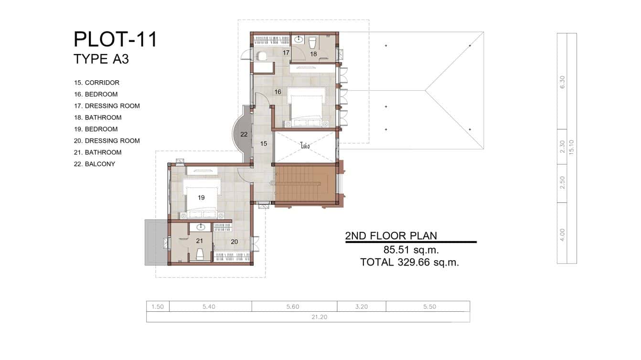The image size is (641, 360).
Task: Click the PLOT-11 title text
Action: point(115,40)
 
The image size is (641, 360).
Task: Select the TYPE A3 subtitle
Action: point(101,59)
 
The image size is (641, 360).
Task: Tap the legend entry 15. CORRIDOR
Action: point(96,83)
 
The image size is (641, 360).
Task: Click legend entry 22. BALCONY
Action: point(94,164)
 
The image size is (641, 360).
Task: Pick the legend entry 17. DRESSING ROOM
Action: point(107,106)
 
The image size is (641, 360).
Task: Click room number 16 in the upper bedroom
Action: point(278,92)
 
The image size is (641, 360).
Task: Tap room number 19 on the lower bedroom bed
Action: point(201,197)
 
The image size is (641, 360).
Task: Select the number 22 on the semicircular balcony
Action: point(244,134)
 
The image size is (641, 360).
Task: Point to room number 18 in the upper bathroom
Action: point(313,54)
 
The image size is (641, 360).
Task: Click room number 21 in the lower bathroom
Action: point(200,241)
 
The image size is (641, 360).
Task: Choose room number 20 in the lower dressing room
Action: point(234,242)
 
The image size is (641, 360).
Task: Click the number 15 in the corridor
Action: point(263,143)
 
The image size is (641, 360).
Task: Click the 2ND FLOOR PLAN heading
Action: point(391,235)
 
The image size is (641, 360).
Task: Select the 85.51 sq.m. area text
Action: point(411,250)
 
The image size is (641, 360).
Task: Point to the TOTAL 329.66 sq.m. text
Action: point(409,262)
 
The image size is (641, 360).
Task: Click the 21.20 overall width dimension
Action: point(308,317)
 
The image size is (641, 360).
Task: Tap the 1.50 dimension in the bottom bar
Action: point(158,307)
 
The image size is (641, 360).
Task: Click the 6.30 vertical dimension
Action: point(562,82)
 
